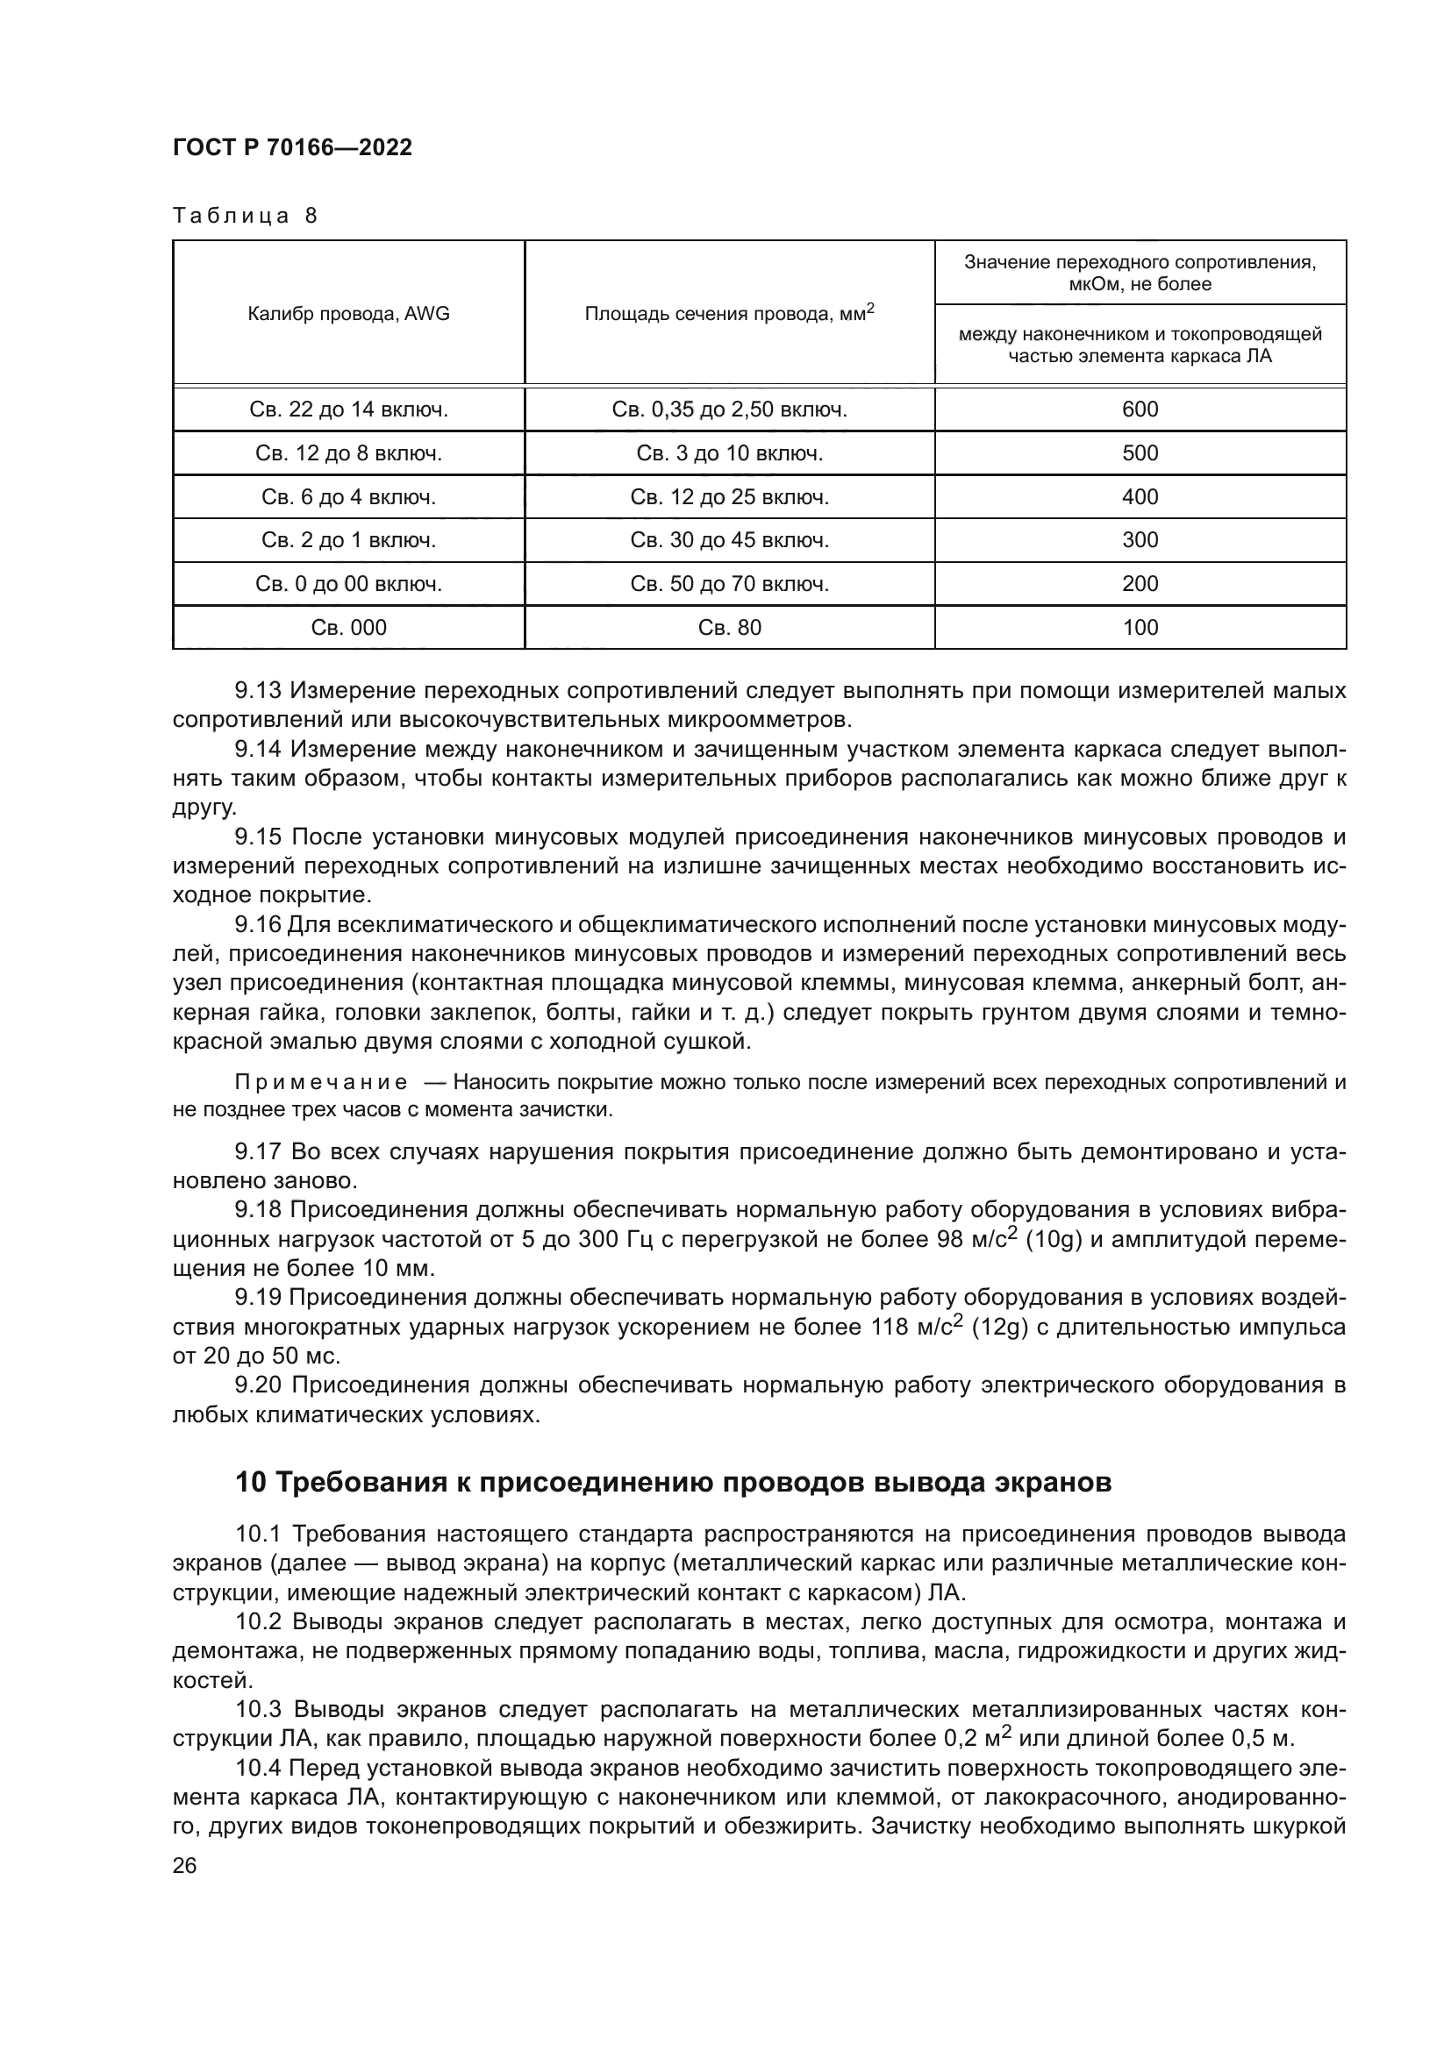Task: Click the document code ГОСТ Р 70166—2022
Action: coord(292,148)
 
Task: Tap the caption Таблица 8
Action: coord(245,217)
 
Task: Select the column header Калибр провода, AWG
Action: coord(348,314)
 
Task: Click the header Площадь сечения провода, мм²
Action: coord(729,314)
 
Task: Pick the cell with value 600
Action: coord(1140,410)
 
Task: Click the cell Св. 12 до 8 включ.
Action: coord(348,454)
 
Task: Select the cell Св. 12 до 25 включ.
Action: coord(729,497)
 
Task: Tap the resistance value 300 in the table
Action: coord(1140,540)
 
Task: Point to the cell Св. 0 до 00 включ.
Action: coord(348,584)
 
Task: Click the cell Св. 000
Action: coord(348,628)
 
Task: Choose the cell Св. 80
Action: coord(729,628)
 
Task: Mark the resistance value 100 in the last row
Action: coord(1140,628)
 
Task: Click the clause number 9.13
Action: coord(257,690)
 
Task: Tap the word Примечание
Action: coord(321,1084)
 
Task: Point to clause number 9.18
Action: coord(257,1209)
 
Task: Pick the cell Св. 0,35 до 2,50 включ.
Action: coord(729,410)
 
